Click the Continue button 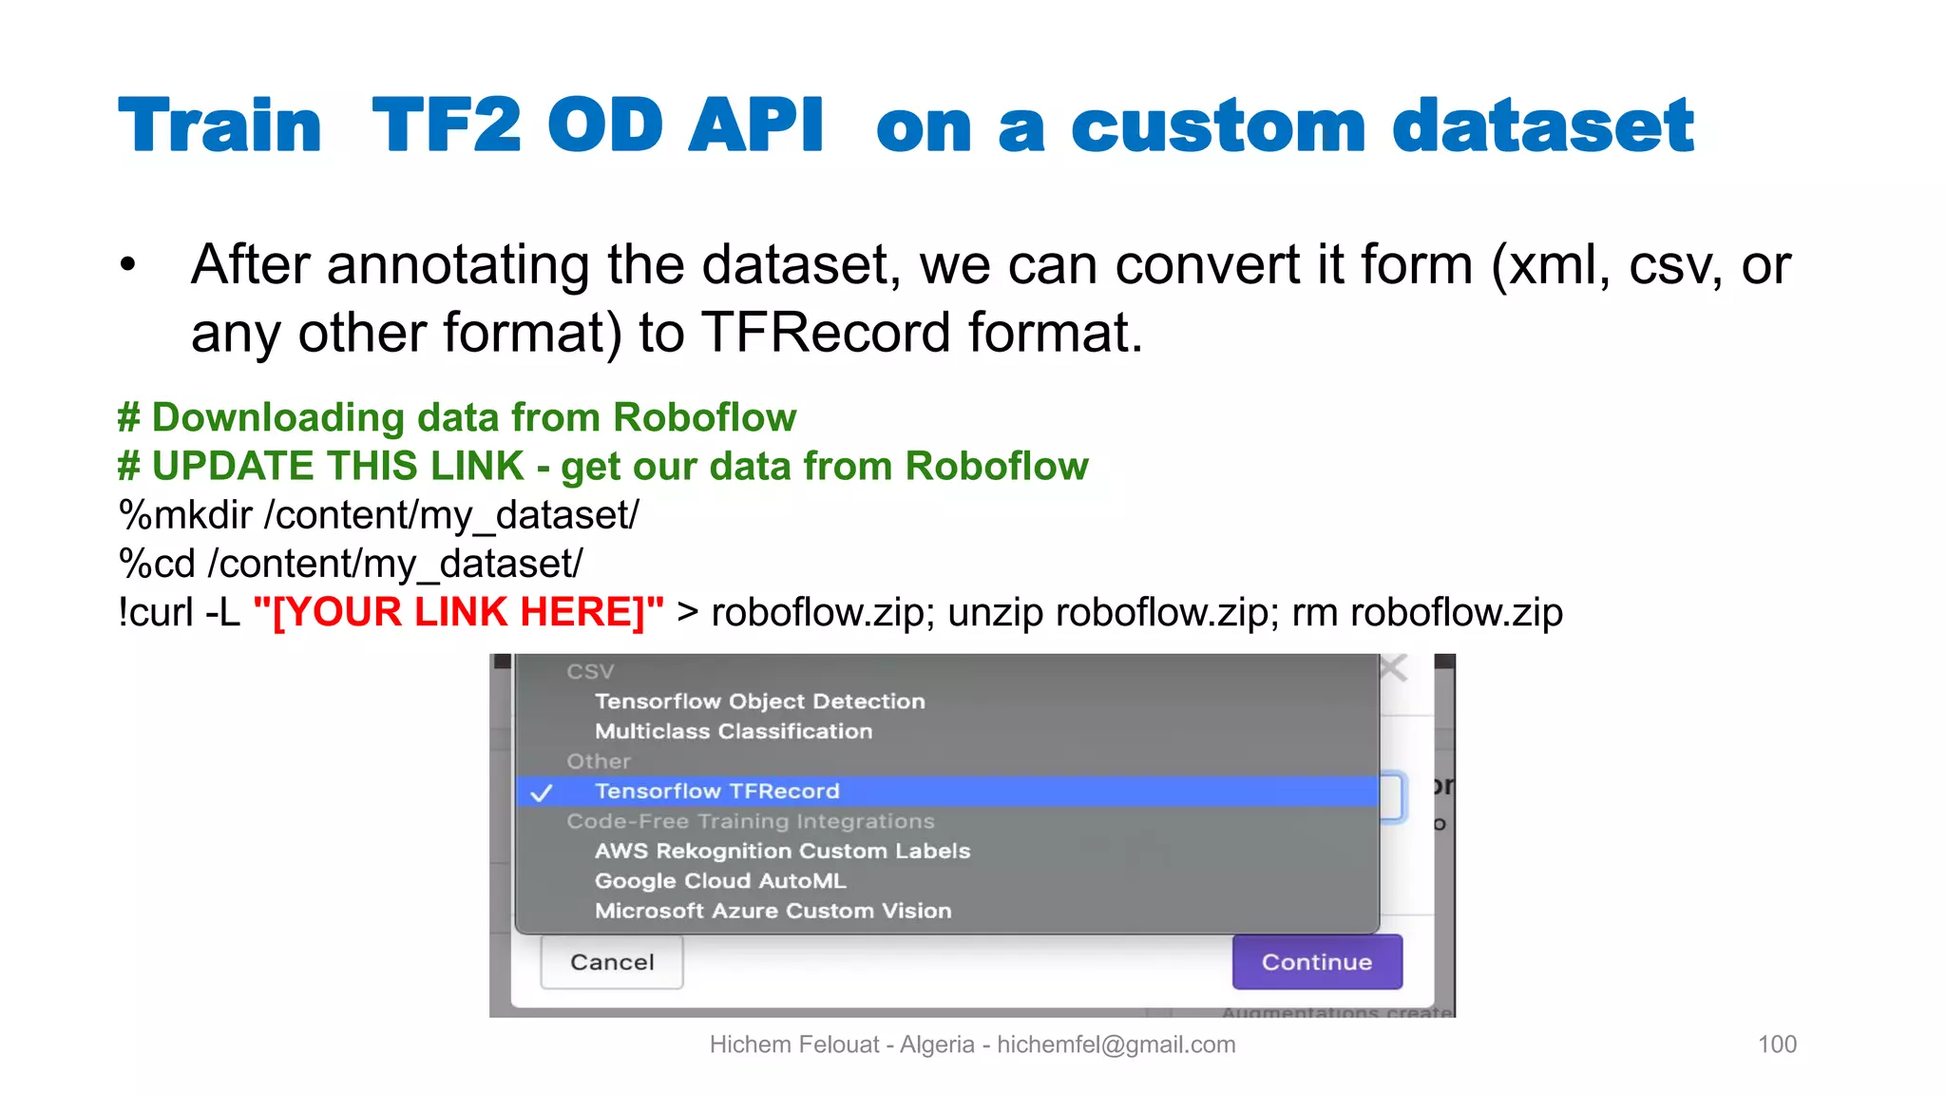click(x=1316, y=962)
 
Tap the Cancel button click(x=612, y=962)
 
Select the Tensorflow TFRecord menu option click(x=717, y=791)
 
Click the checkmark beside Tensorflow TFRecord click(x=542, y=793)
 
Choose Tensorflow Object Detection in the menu click(x=759, y=701)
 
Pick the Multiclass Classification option click(x=734, y=731)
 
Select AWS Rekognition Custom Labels click(x=782, y=851)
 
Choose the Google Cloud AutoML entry click(x=720, y=881)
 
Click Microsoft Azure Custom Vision click(x=773, y=911)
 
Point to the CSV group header click(x=590, y=671)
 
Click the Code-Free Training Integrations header click(x=751, y=821)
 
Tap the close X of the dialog click(x=1393, y=668)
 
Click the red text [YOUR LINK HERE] click(x=459, y=612)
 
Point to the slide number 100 click(x=1777, y=1044)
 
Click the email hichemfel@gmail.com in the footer click(x=1116, y=1045)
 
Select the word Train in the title click(x=220, y=125)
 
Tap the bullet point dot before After click(x=128, y=265)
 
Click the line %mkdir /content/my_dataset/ click(x=378, y=515)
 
